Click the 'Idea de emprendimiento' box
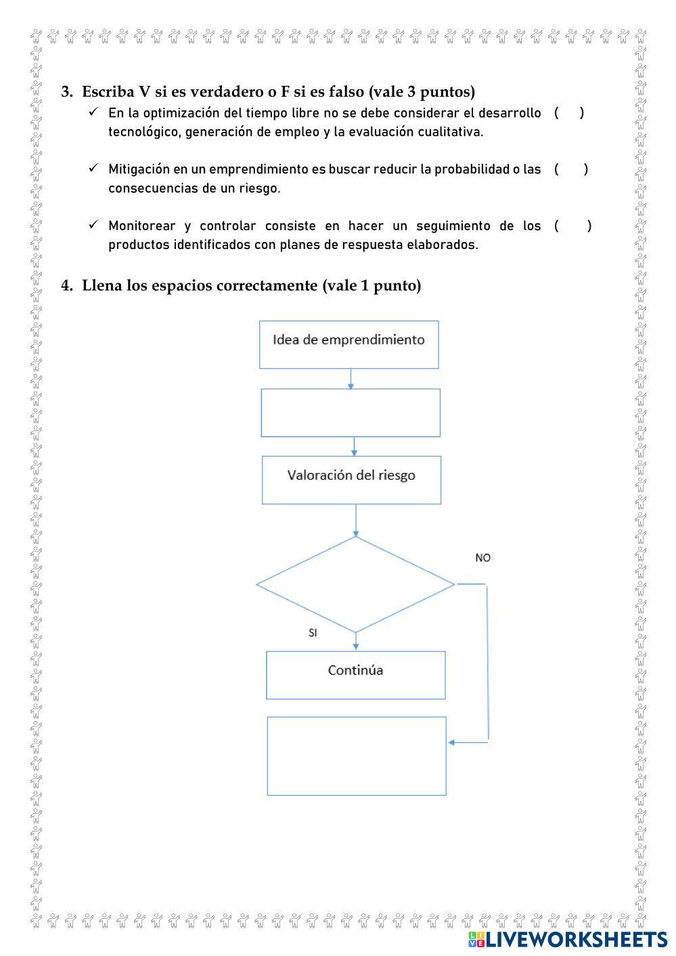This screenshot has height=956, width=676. point(348,344)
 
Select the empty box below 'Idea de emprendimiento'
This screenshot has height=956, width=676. point(351,412)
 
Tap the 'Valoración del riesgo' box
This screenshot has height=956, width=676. point(351,479)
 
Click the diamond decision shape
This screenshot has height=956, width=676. point(355,584)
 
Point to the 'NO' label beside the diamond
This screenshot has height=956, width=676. point(483,557)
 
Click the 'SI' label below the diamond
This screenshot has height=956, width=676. point(313,633)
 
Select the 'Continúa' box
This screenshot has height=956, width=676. point(355,675)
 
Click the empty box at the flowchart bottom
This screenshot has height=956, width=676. point(357,756)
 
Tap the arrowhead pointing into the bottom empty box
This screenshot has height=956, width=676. point(452,742)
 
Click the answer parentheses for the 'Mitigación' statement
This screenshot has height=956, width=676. point(570,169)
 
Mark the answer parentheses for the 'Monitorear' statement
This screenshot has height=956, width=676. point(572,225)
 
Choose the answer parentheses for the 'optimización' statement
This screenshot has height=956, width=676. point(568,113)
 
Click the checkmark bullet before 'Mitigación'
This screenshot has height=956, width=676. point(93,168)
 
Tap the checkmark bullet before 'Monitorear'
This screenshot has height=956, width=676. point(93,224)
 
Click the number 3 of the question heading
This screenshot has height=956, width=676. point(66,91)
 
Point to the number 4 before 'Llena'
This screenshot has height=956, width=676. point(66,286)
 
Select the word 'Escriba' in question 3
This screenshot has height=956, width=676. point(108,91)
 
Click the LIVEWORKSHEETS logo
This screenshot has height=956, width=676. point(567,939)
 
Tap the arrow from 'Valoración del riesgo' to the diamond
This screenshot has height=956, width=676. point(355,520)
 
